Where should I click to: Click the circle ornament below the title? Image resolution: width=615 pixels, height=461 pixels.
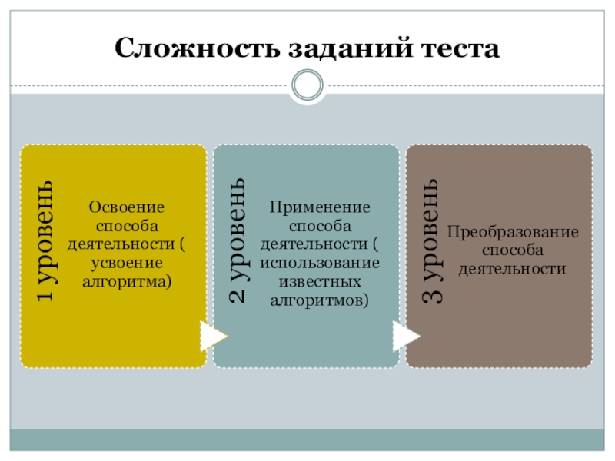tap(307, 85)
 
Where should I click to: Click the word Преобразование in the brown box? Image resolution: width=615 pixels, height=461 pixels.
tap(513, 232)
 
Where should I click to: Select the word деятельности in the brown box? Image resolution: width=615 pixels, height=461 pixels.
tap(513, 269)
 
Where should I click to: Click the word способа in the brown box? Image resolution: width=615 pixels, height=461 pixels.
tap(513, 250)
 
